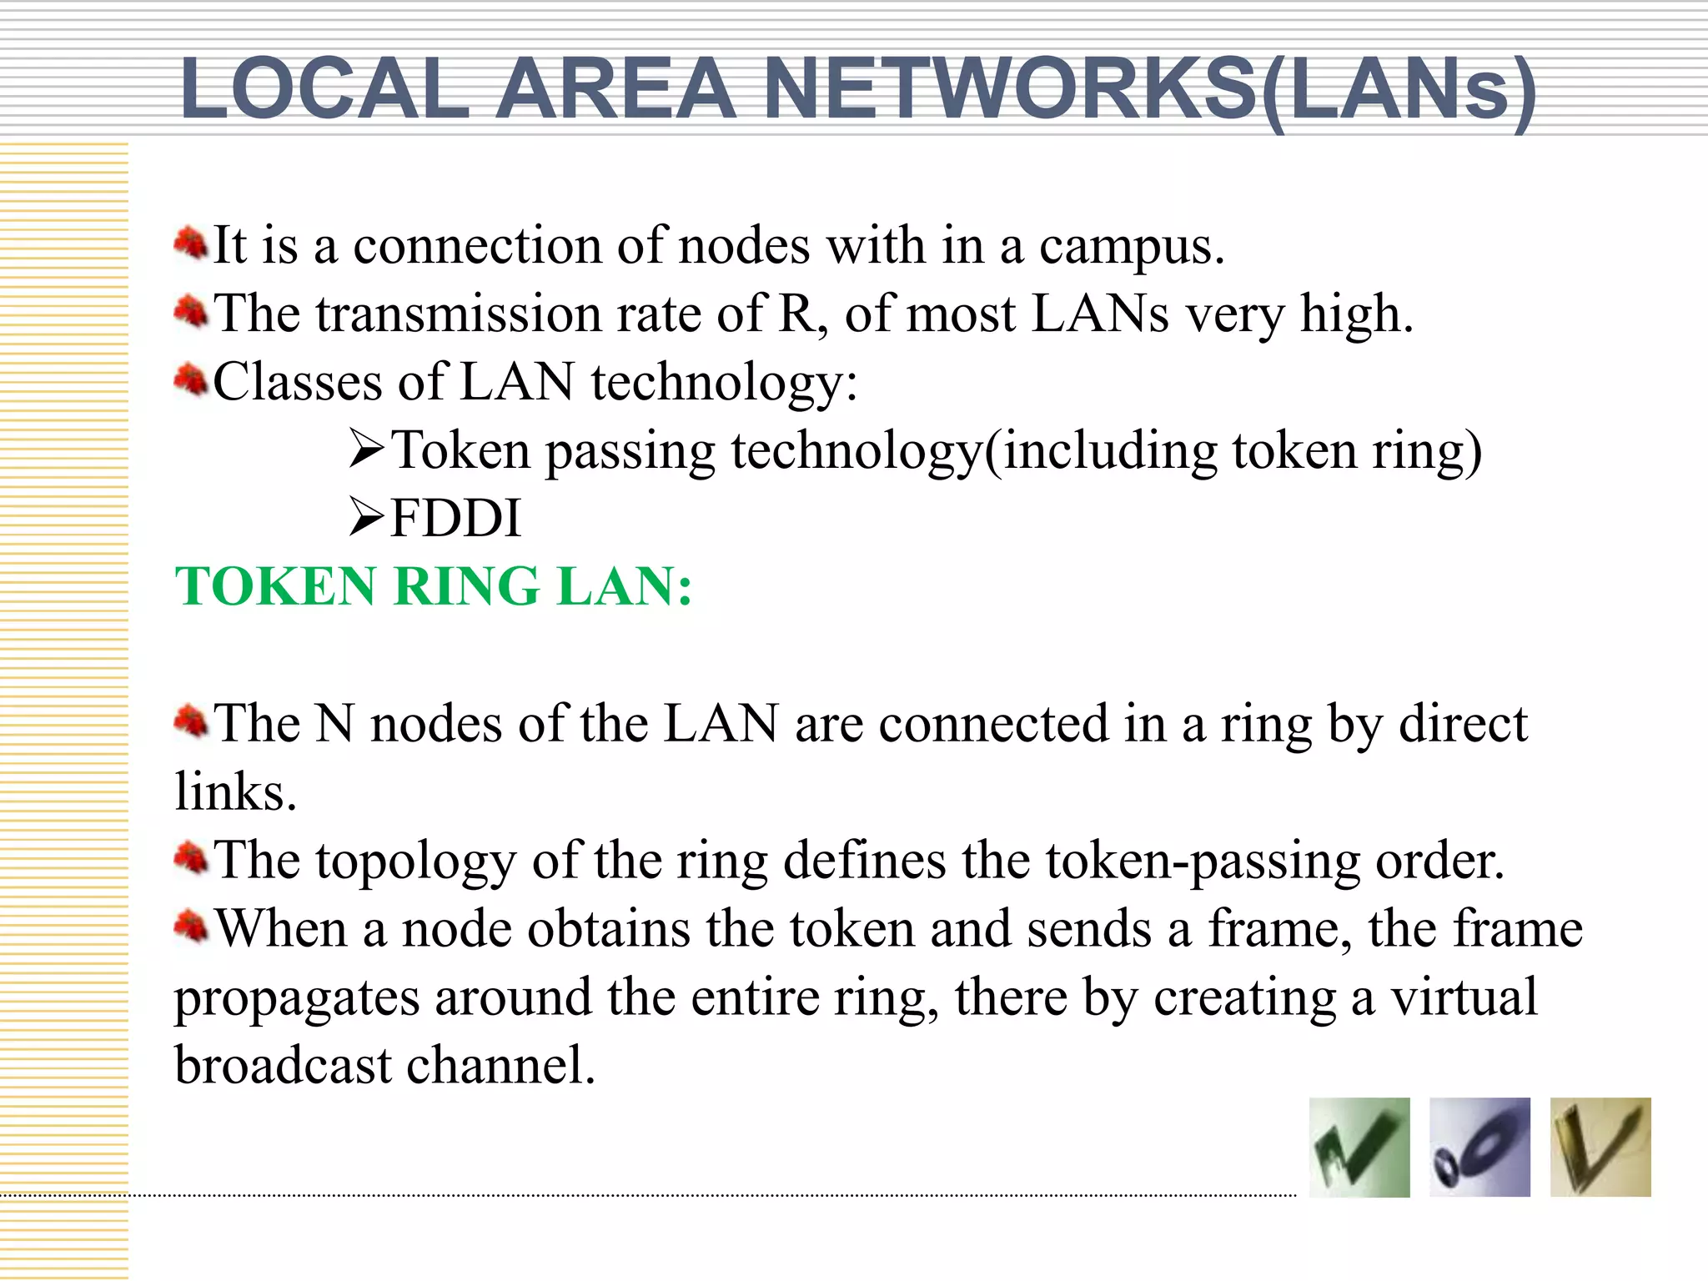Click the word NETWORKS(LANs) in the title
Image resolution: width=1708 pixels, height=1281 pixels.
pyautogui.click(x=1149, y=90)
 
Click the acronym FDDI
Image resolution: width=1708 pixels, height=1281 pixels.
pyautogui.click(x=455, y=518)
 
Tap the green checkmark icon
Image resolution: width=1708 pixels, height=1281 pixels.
pyautogui.click(x=1359, y=1148)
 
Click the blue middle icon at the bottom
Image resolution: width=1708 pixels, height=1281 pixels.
pyautogui.click(x=1479, y=1148)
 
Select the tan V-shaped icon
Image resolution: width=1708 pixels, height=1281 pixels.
pyautogui.click(x=1600, y=1148)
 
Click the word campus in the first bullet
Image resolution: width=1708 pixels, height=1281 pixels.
pyautogui.click(x=1131, y=248)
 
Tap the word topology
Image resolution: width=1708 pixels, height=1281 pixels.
pyautogui.click(x=415, y=862)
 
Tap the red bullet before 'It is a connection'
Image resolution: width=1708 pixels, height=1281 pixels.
pyautogui.click(x=191, y=244)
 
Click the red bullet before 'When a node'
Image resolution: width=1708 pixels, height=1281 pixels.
pyautogui.click(x=191, y=926)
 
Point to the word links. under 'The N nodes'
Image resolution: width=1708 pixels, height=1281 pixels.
pyautogui.click(x=235, y=792)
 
